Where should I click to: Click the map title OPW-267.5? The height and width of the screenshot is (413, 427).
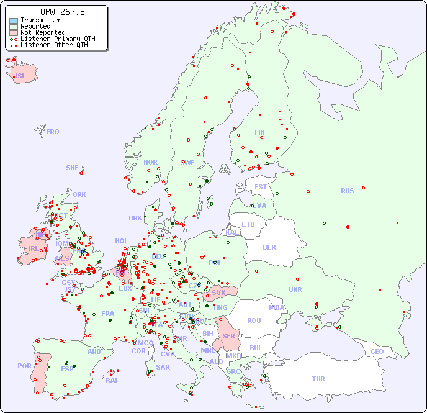pos(54,12)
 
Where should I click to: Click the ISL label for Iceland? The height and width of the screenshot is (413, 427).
pos(20,76)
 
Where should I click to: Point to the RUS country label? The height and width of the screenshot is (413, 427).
pos(347,191)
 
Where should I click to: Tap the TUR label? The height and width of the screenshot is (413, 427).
pos(318,379)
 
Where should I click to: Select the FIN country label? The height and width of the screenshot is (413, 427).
pos(259,132)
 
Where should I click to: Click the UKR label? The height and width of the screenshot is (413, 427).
pos(295,289)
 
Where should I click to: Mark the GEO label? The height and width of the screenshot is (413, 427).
pos(377,352)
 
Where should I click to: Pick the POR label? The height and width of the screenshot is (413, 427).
pos(24,366)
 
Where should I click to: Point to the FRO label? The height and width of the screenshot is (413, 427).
pos(52,132)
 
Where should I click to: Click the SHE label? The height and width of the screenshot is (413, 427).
pos(73,168)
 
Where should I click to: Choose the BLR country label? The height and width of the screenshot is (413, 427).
pos(269,247)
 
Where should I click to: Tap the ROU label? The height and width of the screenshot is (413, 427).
pos(254,320)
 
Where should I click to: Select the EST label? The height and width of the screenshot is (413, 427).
pos(261,187)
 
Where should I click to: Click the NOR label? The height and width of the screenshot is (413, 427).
pos(150,162)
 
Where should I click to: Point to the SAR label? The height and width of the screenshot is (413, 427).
pos(163,367)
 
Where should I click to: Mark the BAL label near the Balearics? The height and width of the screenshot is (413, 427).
pos(112,381)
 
